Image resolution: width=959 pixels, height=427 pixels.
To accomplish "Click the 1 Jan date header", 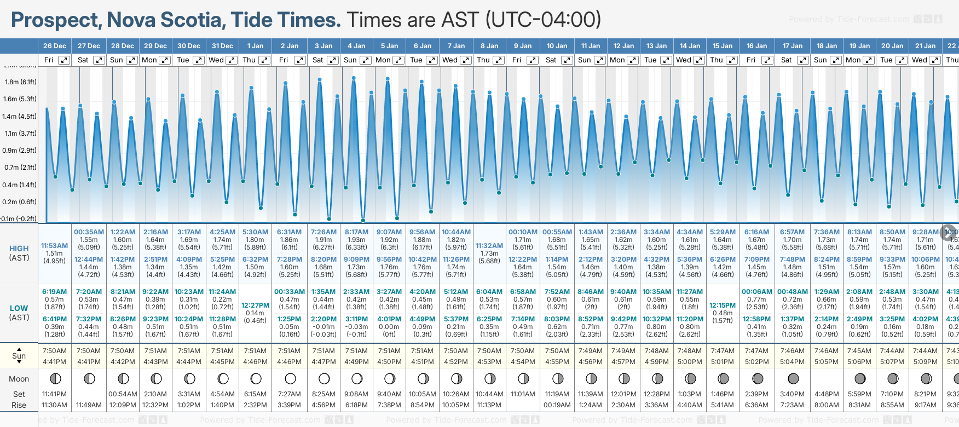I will click(x=255, y=46).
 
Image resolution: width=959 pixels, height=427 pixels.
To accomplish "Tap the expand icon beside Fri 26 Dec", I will click(x=64, y=60).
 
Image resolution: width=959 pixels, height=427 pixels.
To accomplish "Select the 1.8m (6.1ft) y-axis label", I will click(x=20, y=82).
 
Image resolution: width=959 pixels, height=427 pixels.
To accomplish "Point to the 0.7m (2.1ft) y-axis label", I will click(x=20, y=168).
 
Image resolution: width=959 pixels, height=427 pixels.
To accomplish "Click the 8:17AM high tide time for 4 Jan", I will click(x=356, y=232).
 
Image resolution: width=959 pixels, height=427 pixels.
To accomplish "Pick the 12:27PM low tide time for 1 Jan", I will click(x=255, y=305).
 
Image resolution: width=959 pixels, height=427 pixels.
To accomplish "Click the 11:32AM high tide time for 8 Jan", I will click(x=489, y=246).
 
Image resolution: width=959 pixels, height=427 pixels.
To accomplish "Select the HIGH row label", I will click(x=19, y=249).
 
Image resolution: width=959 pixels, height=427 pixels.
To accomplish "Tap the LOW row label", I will click(x=19, y=308).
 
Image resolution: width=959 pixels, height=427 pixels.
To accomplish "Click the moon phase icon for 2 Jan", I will click(x=290, y=378).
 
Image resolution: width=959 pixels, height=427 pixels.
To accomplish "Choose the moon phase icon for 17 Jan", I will click(x=793, y=378).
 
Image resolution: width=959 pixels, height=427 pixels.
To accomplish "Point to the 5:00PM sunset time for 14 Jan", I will click(x=690, y=362).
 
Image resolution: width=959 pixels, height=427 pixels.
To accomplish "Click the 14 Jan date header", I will click(x=690, y=46).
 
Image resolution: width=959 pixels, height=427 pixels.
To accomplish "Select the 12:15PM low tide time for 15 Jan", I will click(x=723, y=305).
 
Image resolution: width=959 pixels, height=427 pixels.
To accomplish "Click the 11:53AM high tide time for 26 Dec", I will click(x=55, y=246).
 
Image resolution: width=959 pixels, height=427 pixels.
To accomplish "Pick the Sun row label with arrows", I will click(x=19, y=356).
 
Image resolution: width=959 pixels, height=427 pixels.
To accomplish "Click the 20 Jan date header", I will click(x=892, y=46).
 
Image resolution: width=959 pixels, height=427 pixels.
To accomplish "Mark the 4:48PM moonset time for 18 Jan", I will click(x=827, y=394).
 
